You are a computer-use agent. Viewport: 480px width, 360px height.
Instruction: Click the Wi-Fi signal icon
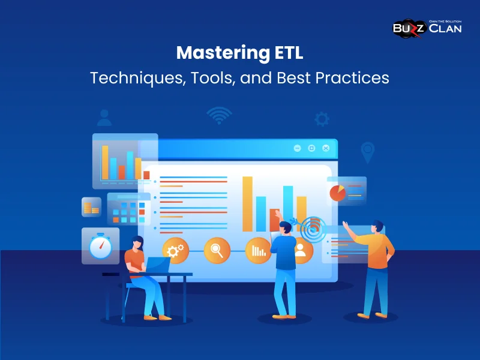click(x=219, y=115)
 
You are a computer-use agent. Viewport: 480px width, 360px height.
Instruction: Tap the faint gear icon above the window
click(x=322, y=119)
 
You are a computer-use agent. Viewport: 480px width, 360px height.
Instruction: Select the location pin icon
click(x=367, y=150)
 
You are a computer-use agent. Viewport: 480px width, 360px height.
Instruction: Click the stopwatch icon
click(x=100, y=245)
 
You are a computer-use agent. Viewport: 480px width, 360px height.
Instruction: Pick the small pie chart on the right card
click(x=337, y=193)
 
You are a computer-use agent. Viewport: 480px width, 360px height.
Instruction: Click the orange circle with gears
click(x=176, y=251)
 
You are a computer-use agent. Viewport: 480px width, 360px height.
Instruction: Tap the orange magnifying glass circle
click(x=217, y=251)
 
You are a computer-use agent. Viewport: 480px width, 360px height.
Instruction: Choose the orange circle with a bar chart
click(x=259, y=251)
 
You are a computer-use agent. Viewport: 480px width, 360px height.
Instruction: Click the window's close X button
click(x=326, y=148)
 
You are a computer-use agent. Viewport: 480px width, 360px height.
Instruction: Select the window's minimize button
click(x=297, y=148)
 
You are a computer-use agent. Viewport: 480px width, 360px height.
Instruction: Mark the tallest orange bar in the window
click(x=247, y=204)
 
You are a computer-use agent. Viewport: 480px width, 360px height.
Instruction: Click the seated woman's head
click(x=137, y=243)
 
